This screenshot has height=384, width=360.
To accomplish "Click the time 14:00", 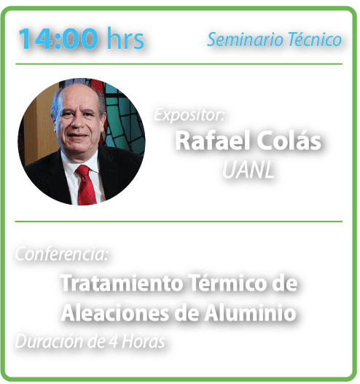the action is [58, 39].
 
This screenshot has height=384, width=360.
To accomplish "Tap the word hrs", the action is [125, 38].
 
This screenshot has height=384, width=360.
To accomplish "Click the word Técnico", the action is [314, 39].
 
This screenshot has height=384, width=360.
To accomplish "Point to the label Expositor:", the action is [189, 114].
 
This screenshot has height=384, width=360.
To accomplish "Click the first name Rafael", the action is [212, 141].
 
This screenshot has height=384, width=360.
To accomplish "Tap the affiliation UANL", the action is [248, 170].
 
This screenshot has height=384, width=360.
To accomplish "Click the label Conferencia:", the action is [61, 254].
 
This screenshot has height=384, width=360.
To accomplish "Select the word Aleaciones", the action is [115, 313].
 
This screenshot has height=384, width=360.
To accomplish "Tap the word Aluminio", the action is [250, 313].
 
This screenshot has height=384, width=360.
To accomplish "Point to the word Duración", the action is [50, 341].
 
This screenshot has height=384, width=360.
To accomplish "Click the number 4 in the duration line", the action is [113, 342].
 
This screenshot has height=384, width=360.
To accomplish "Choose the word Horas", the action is [144, 342].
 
